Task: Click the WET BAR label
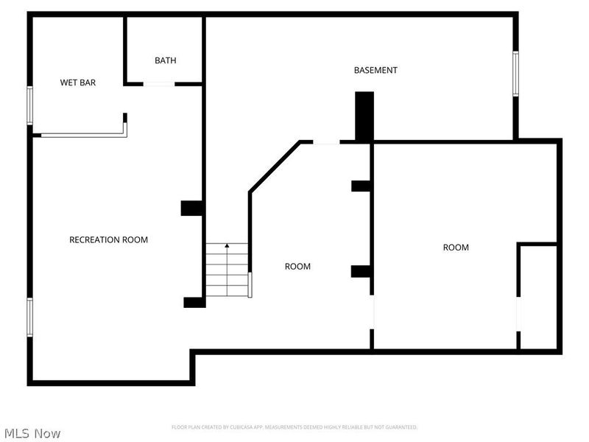click(78, 83)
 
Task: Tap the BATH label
click(165, 60)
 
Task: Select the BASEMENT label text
click(375, 70)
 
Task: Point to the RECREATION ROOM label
click(108, 239)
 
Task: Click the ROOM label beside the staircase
click(297, 266)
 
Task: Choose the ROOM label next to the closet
click(456, 248)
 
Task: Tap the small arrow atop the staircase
click(227, 245)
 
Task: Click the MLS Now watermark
click(32, 433)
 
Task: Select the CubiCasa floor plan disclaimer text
click(294, 427)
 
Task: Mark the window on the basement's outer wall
click(515, 73)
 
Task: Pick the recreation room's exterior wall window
click(30, 317)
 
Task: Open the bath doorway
click(158, 84)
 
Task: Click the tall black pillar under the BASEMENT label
click(364, 116)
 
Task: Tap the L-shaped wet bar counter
click(81, 134)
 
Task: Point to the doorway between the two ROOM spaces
click(372, 312)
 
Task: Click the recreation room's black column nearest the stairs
click(194, 301)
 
